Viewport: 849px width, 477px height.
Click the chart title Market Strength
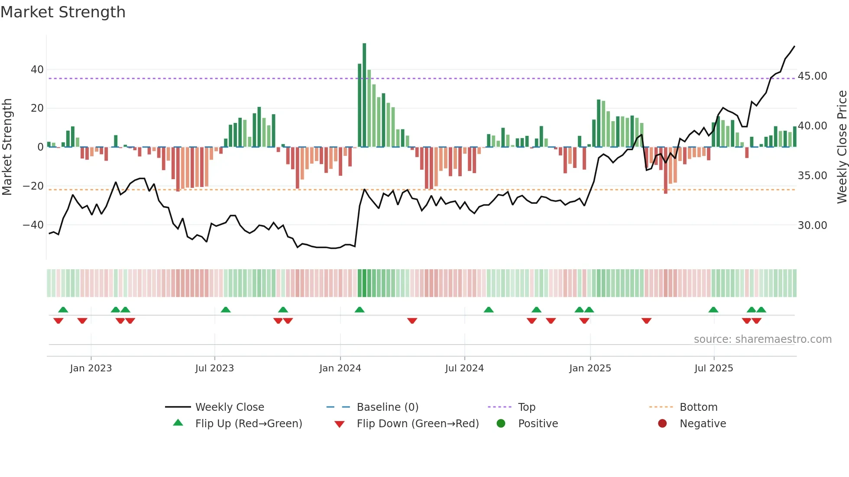pyautogui.click(x=63, y=12)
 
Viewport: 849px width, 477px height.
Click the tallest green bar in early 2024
pyautogui.click(x=364, y=95)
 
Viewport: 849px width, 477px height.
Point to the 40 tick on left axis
pyautogui.click(x=37, y=70)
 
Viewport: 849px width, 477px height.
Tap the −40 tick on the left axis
pyautogui.click(x=33, y=225)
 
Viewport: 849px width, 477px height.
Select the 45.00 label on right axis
pyautogui.click(x=812, y=76)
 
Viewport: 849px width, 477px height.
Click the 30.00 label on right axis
pyautogui.click(x=812, y=226)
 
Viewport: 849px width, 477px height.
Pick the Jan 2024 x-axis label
pyautogui.click(x=340, y=368)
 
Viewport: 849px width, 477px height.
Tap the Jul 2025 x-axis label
pyautogui.click(x=713, y=368)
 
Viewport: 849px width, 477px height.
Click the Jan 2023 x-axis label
pyautogui.click(x=91, y=368)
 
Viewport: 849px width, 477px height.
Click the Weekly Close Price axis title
pyautogui.click(x=842, y=147)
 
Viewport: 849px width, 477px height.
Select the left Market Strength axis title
pyautogui.click(x=7, y=147)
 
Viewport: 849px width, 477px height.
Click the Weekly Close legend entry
pyautogui.click(x=229, y=407)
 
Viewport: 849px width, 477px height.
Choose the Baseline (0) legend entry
pyautogui.click(x=387, y=407)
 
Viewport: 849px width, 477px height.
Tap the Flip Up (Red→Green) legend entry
pyautogui.click(x=248, y=424)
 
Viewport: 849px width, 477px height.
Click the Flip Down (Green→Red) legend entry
pyautogui.click(x=418, y=424)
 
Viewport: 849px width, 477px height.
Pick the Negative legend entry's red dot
pyautogui.click(x=662, y=424)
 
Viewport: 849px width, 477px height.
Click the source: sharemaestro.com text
pyautogui.click(x=762, y=339)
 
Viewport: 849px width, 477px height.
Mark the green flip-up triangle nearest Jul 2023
pyautogui.click(x=226, y=309)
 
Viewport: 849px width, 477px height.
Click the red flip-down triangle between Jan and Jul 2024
pyautogui.click(x=412, y=321)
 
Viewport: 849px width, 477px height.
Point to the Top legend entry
pyautogui.click(x=526, y=407)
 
